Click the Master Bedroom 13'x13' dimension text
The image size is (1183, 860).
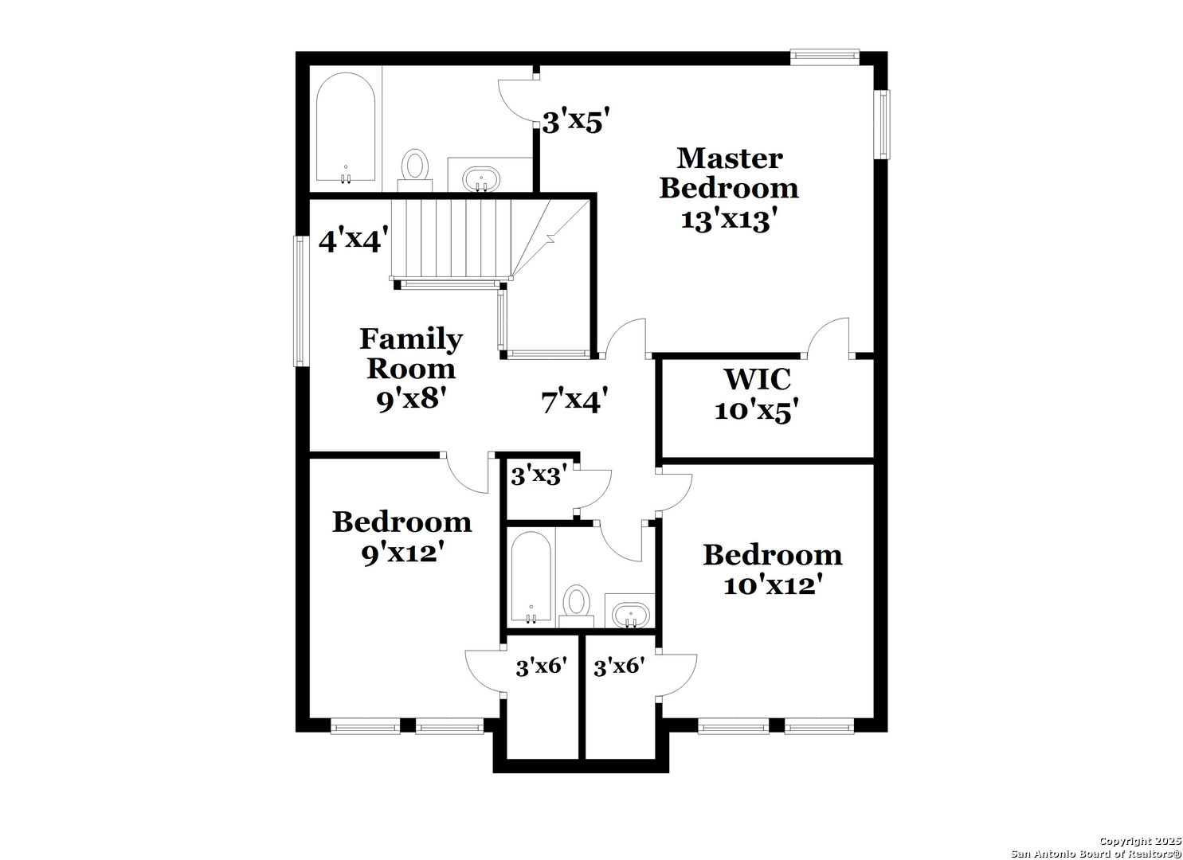(730, 220)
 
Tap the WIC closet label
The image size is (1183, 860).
(758, 379)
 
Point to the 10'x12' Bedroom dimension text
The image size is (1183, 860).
(773, 585)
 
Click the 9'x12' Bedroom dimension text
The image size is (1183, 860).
(402, 553)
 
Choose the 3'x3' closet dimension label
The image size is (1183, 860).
(539, 475)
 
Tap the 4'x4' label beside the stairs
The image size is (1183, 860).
(354, 240)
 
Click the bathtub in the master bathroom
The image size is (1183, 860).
(346, 128)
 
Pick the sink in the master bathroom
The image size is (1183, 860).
(481, 180)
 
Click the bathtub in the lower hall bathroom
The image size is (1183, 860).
(531, 577)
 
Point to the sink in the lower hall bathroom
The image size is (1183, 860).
(631, 615)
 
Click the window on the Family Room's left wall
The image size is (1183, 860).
(300, 300)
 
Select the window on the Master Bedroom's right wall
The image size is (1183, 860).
(883, 124)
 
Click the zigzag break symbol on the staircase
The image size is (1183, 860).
(551, 239)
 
